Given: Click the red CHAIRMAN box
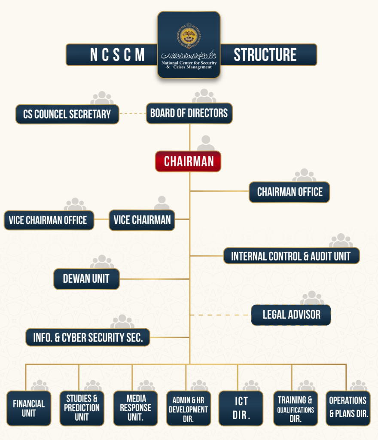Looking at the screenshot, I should pos(188,162).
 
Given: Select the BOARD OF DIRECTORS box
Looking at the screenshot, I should pos(189,114).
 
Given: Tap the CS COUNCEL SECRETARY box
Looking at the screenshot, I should pos(67,114).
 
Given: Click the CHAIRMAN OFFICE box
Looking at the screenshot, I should pos(290,192).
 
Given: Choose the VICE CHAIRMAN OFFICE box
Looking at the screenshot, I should pos(49,220).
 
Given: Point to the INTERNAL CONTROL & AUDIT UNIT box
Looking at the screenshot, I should pos(291,256).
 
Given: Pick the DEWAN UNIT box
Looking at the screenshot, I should pos(86,279).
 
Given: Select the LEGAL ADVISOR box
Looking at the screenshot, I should pos(291,315).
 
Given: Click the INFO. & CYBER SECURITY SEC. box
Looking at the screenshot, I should pos(88,337).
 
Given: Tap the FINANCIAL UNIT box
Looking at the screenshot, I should pos(29,408).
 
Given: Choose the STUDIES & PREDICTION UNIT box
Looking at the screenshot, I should pos(82,408).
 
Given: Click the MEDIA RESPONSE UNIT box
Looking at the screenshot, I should pos(135,408).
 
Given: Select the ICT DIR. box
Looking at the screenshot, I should pos(241,408).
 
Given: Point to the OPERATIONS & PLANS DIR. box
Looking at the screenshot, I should pos(348,408).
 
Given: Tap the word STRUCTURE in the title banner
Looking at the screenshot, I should pos(265,55).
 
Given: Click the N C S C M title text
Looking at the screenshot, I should pos(117,55).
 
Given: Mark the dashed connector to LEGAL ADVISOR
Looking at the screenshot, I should pos(219,315).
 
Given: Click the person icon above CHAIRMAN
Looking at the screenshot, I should pos(206,143).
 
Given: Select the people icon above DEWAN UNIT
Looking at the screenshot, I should pos(102,262).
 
